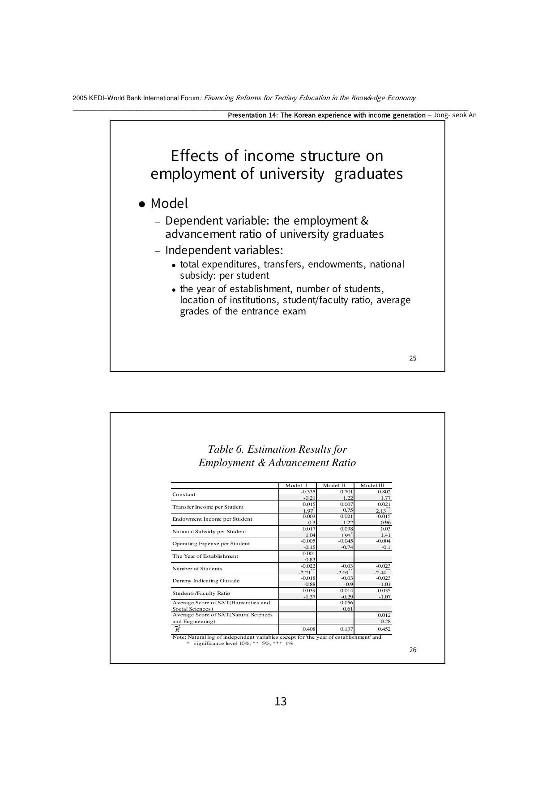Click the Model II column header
(334, 485)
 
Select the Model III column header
(372, 485)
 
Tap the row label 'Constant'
(184, 494)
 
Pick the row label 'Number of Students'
(197, 569)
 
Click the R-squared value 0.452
(384, 628)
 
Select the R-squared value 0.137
(346, 628)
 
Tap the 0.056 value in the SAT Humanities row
(346, 603)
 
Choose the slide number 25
(413, 358)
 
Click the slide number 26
(413, 649)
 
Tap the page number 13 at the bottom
(280, 701)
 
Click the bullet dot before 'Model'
(142, 204)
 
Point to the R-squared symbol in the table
(178, 628)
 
